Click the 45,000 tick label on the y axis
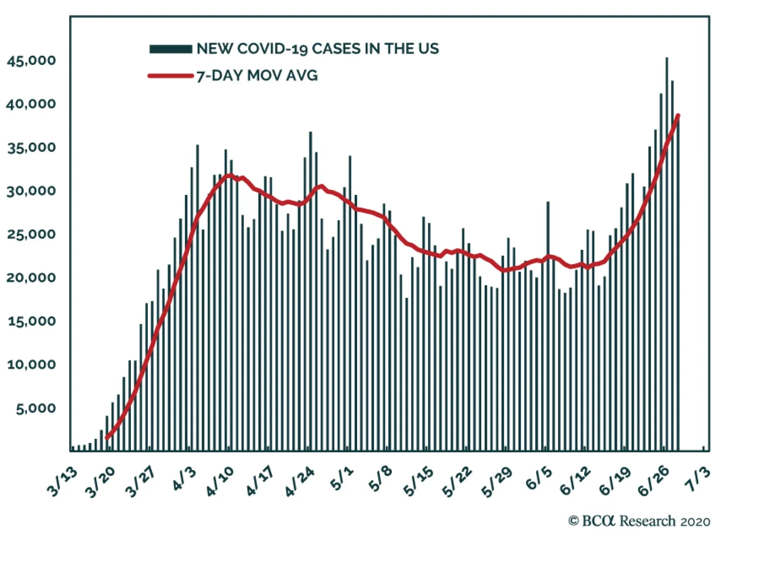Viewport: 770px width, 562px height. click(x=31, y=61)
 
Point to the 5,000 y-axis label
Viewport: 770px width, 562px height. click(x=36, y=409)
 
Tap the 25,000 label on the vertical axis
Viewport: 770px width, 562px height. click(x=31, y=234)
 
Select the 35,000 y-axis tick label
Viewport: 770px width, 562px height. click(x=31, y=147)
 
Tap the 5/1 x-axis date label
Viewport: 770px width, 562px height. click(x=342, y=479)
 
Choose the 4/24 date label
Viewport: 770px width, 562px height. click(x=299, y=482)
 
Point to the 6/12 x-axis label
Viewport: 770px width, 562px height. click(x=575, y=482)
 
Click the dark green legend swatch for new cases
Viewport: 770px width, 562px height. click(x=170, y=49)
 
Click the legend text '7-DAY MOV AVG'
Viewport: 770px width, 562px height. click(x=257, y=76)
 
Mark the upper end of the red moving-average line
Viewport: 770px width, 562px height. click(x=678, y=115)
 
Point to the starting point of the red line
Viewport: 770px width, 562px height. click(x=107, y=437)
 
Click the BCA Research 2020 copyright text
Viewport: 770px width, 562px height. click(x=639, y=521)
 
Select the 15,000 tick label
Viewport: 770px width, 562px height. click(x=31, y=321)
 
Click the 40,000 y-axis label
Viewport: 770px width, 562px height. click(x=31, y=104)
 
